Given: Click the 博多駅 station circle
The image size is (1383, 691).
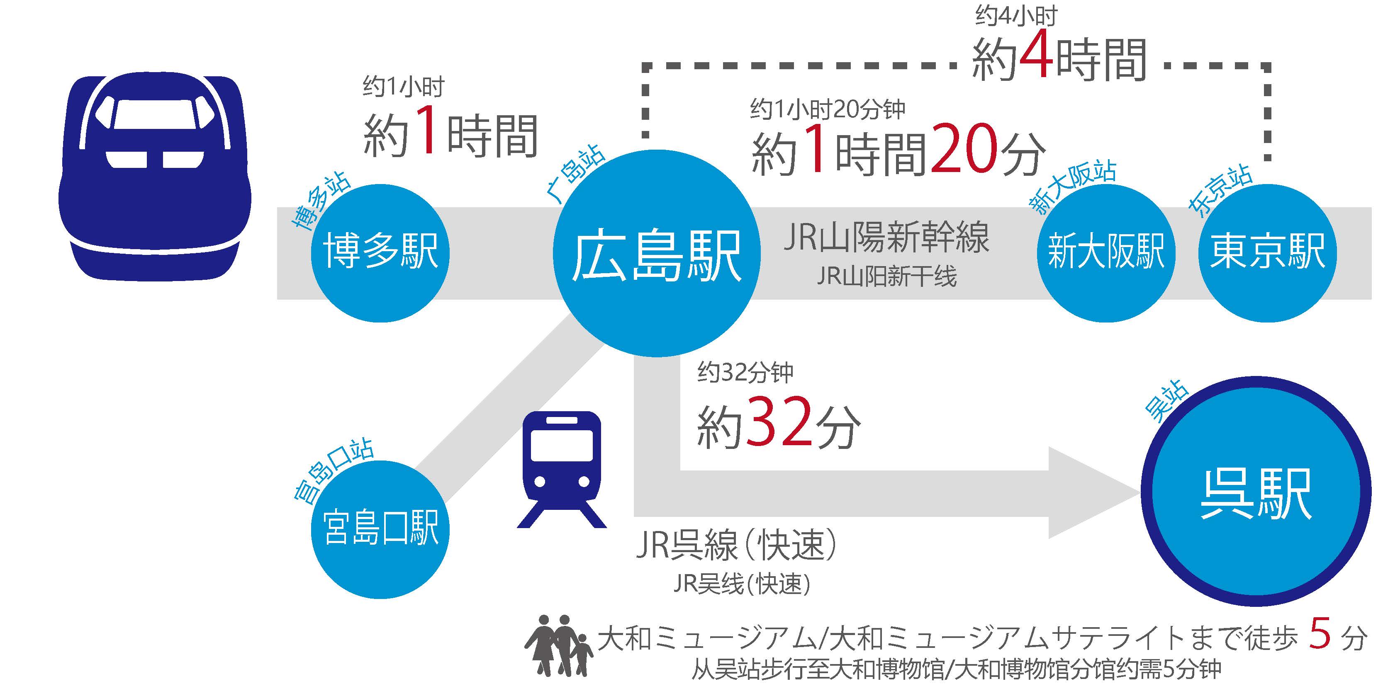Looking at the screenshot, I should click(380, 253).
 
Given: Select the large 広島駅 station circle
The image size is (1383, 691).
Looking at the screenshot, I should click(656, 253).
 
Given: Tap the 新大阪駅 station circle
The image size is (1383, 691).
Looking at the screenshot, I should click(1106, 253).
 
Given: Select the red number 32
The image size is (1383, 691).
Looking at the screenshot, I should click(779, 422).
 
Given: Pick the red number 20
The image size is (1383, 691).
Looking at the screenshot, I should click(964, 149).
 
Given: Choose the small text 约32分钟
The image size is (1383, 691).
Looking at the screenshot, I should click(745, 372).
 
